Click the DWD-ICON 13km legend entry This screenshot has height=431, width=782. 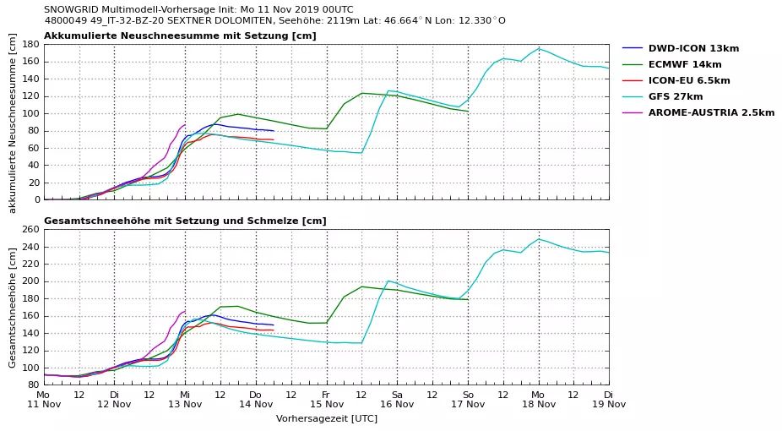coord(692,48)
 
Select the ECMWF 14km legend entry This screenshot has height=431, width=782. coord(684,64)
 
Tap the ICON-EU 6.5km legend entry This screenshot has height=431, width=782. coord(689,80)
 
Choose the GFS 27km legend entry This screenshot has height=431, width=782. coord(676,96)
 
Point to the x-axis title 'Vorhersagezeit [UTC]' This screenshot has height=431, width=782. coord(326,418)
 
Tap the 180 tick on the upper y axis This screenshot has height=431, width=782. coord(30,44)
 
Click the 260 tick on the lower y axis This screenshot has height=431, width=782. coord(30,229)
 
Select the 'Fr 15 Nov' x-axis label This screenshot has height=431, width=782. coord(326,399)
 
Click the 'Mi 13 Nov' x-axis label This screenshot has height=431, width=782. coord(185,399)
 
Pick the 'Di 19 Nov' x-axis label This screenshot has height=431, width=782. coord(608,399)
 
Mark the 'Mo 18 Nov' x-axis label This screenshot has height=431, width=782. coord(538,399)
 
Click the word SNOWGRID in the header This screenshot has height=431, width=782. coord(72,9)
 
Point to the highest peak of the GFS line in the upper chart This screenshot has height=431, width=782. coord(539,48)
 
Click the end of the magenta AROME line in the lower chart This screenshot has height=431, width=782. coord(184,310)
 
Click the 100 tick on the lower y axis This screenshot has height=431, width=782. coord(30,368)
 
